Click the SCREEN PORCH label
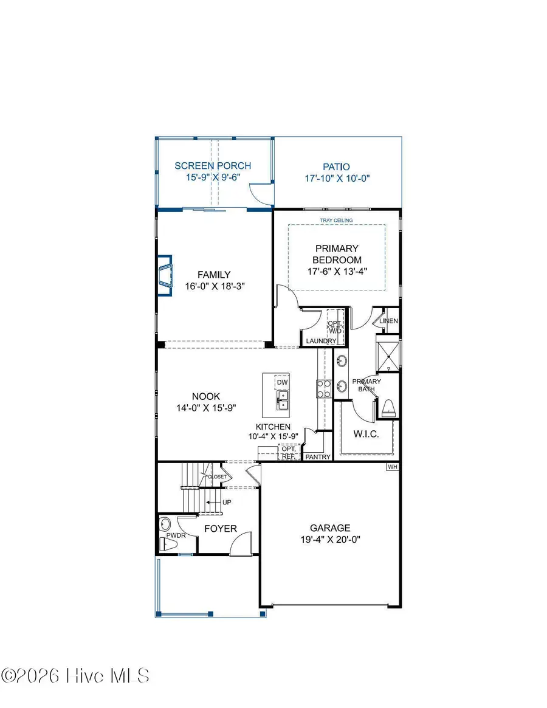point(213,166)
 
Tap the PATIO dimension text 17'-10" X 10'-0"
point(337,178)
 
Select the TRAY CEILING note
point(337,220)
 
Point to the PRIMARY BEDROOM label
point(337,254)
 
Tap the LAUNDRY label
point(321,341)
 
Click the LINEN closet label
point(388,320)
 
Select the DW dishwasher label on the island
point(281,382)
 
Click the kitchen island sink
point(283,399)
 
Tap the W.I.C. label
point(366,434)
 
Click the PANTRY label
point(317,456)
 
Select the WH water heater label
point(393,467)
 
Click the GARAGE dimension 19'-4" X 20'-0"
point(330,539)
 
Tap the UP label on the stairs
point(227,502)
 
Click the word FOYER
point(220,529)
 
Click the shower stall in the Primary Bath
point(388,352)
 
